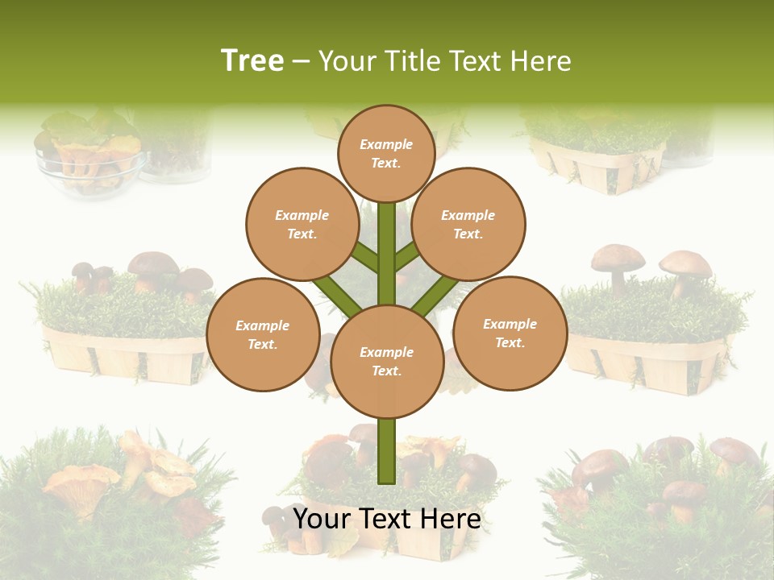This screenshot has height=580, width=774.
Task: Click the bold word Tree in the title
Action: click(x=252, y=60)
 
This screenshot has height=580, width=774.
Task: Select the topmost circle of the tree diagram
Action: click(x=386, y=153)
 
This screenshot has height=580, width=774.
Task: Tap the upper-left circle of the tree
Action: click(x=302, y=225)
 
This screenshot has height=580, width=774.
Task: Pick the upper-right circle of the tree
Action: click(x=468, y=225)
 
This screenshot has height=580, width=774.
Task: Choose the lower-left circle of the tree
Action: click(x=263, y=334)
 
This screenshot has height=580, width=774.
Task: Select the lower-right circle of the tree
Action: click(x=510, y=333)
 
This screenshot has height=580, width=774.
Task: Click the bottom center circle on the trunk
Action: click(x=387, y=362)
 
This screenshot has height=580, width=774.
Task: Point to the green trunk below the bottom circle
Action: click(x=387, y=451)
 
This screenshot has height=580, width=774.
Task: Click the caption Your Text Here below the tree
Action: click(x=387, y=519)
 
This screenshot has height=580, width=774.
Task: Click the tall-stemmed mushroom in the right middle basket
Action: click(x=618, y=267)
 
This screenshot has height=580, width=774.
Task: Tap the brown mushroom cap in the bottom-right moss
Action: click(x=601, y=467)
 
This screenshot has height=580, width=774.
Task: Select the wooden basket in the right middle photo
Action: click(x=645, y=362)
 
